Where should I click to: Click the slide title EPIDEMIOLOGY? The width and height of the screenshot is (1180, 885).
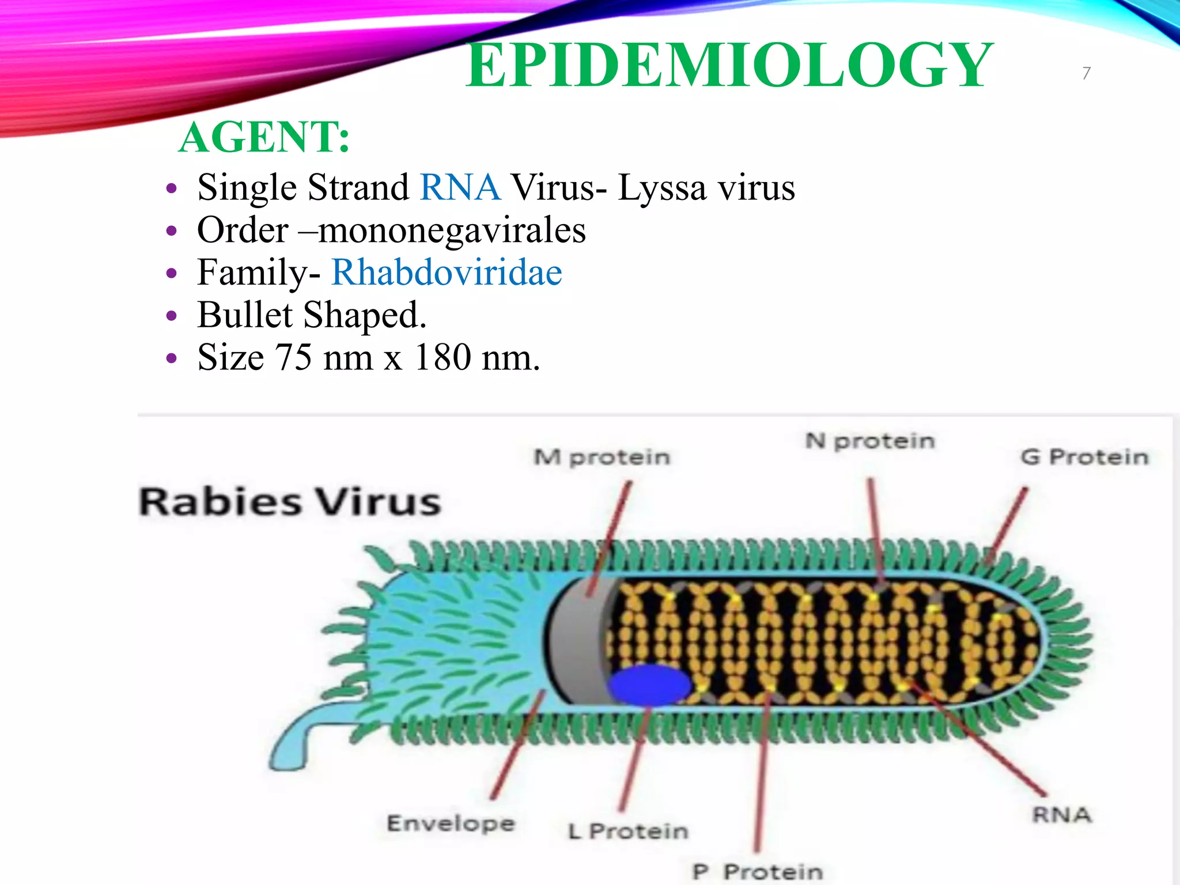click(x=729, y=66)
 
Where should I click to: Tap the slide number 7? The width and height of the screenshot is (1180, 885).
click(x=1086, y=73)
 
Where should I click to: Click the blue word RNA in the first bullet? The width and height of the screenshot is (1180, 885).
click(x=460, y=187)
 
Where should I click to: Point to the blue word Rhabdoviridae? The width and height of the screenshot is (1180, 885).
click(x=447, y=272)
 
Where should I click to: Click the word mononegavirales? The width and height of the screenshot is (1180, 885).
click(x=452, y=230)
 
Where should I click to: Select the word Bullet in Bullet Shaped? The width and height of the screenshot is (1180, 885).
click(x=245, y=315)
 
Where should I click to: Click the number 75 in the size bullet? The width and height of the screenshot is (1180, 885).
click(x=293, y=357)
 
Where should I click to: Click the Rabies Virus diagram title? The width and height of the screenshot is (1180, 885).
click(x=290, y=501)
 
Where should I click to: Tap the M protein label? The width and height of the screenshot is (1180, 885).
click(x=602, y=457)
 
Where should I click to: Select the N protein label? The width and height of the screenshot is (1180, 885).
click(x=869, y=441)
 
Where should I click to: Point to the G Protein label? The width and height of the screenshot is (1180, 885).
click(x=1084, y=457)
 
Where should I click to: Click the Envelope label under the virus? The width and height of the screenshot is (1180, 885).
click(x=451, y=823)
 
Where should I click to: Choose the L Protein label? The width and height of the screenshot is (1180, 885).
click(x=628, y=831)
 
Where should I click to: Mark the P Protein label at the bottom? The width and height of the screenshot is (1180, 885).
click(x=757, y=872)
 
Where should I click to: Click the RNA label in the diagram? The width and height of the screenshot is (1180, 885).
click(x=1062, y=815)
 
